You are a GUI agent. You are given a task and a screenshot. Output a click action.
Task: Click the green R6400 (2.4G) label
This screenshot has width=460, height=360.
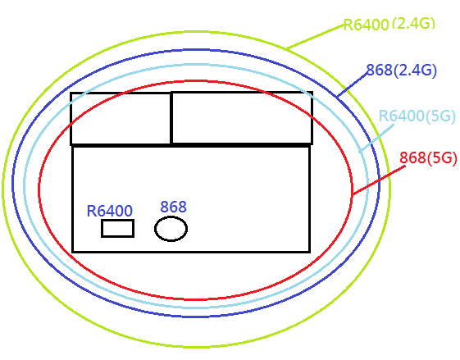click(389, 24)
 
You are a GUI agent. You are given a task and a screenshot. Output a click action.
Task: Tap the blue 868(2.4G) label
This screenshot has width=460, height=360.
click(402, 71)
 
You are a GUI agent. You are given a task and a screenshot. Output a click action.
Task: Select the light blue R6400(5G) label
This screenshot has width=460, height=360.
click(417, 116)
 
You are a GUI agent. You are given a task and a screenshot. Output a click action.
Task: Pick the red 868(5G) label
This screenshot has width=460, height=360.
click(428, 157)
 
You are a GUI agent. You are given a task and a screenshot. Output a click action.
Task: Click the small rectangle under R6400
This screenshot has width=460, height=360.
click(117, 228)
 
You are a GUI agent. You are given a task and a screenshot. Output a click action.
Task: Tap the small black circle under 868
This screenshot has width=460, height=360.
click(171, 229)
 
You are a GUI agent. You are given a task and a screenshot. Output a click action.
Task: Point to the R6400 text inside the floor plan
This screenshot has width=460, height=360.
click(110, 211)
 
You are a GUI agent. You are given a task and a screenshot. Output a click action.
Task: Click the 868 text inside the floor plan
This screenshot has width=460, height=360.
click(173, 207)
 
